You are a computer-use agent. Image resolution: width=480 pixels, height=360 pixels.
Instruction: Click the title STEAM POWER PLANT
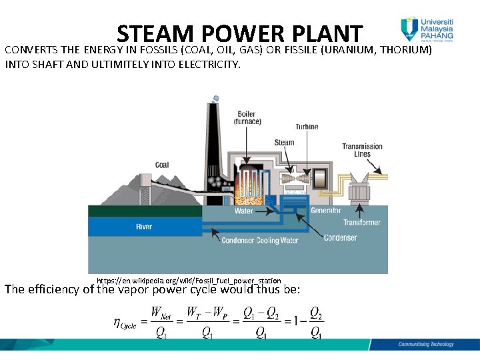[x=239, y=33]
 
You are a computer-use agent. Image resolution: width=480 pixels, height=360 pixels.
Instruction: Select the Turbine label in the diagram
[x=307, y=127]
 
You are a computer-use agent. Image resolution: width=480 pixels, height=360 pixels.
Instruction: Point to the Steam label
[x=284, y=143]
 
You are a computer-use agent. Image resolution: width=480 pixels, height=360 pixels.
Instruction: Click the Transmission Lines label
[x=362, y=150]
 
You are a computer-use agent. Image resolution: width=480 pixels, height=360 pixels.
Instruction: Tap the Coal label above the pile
[x=162, y=165]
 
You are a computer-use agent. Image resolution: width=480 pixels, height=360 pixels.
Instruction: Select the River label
[x=144, y=227]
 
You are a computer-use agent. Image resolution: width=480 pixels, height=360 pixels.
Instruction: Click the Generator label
[x=326, y=211]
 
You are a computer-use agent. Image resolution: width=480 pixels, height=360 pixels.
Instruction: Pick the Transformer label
[x=362, y=223]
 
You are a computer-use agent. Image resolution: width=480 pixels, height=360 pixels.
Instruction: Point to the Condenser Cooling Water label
[x=260, y=241]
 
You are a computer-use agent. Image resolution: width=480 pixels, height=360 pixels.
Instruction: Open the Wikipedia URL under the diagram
[x=189, y=281]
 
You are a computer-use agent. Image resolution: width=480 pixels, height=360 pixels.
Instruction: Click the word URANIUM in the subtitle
[x=348, y=50]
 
